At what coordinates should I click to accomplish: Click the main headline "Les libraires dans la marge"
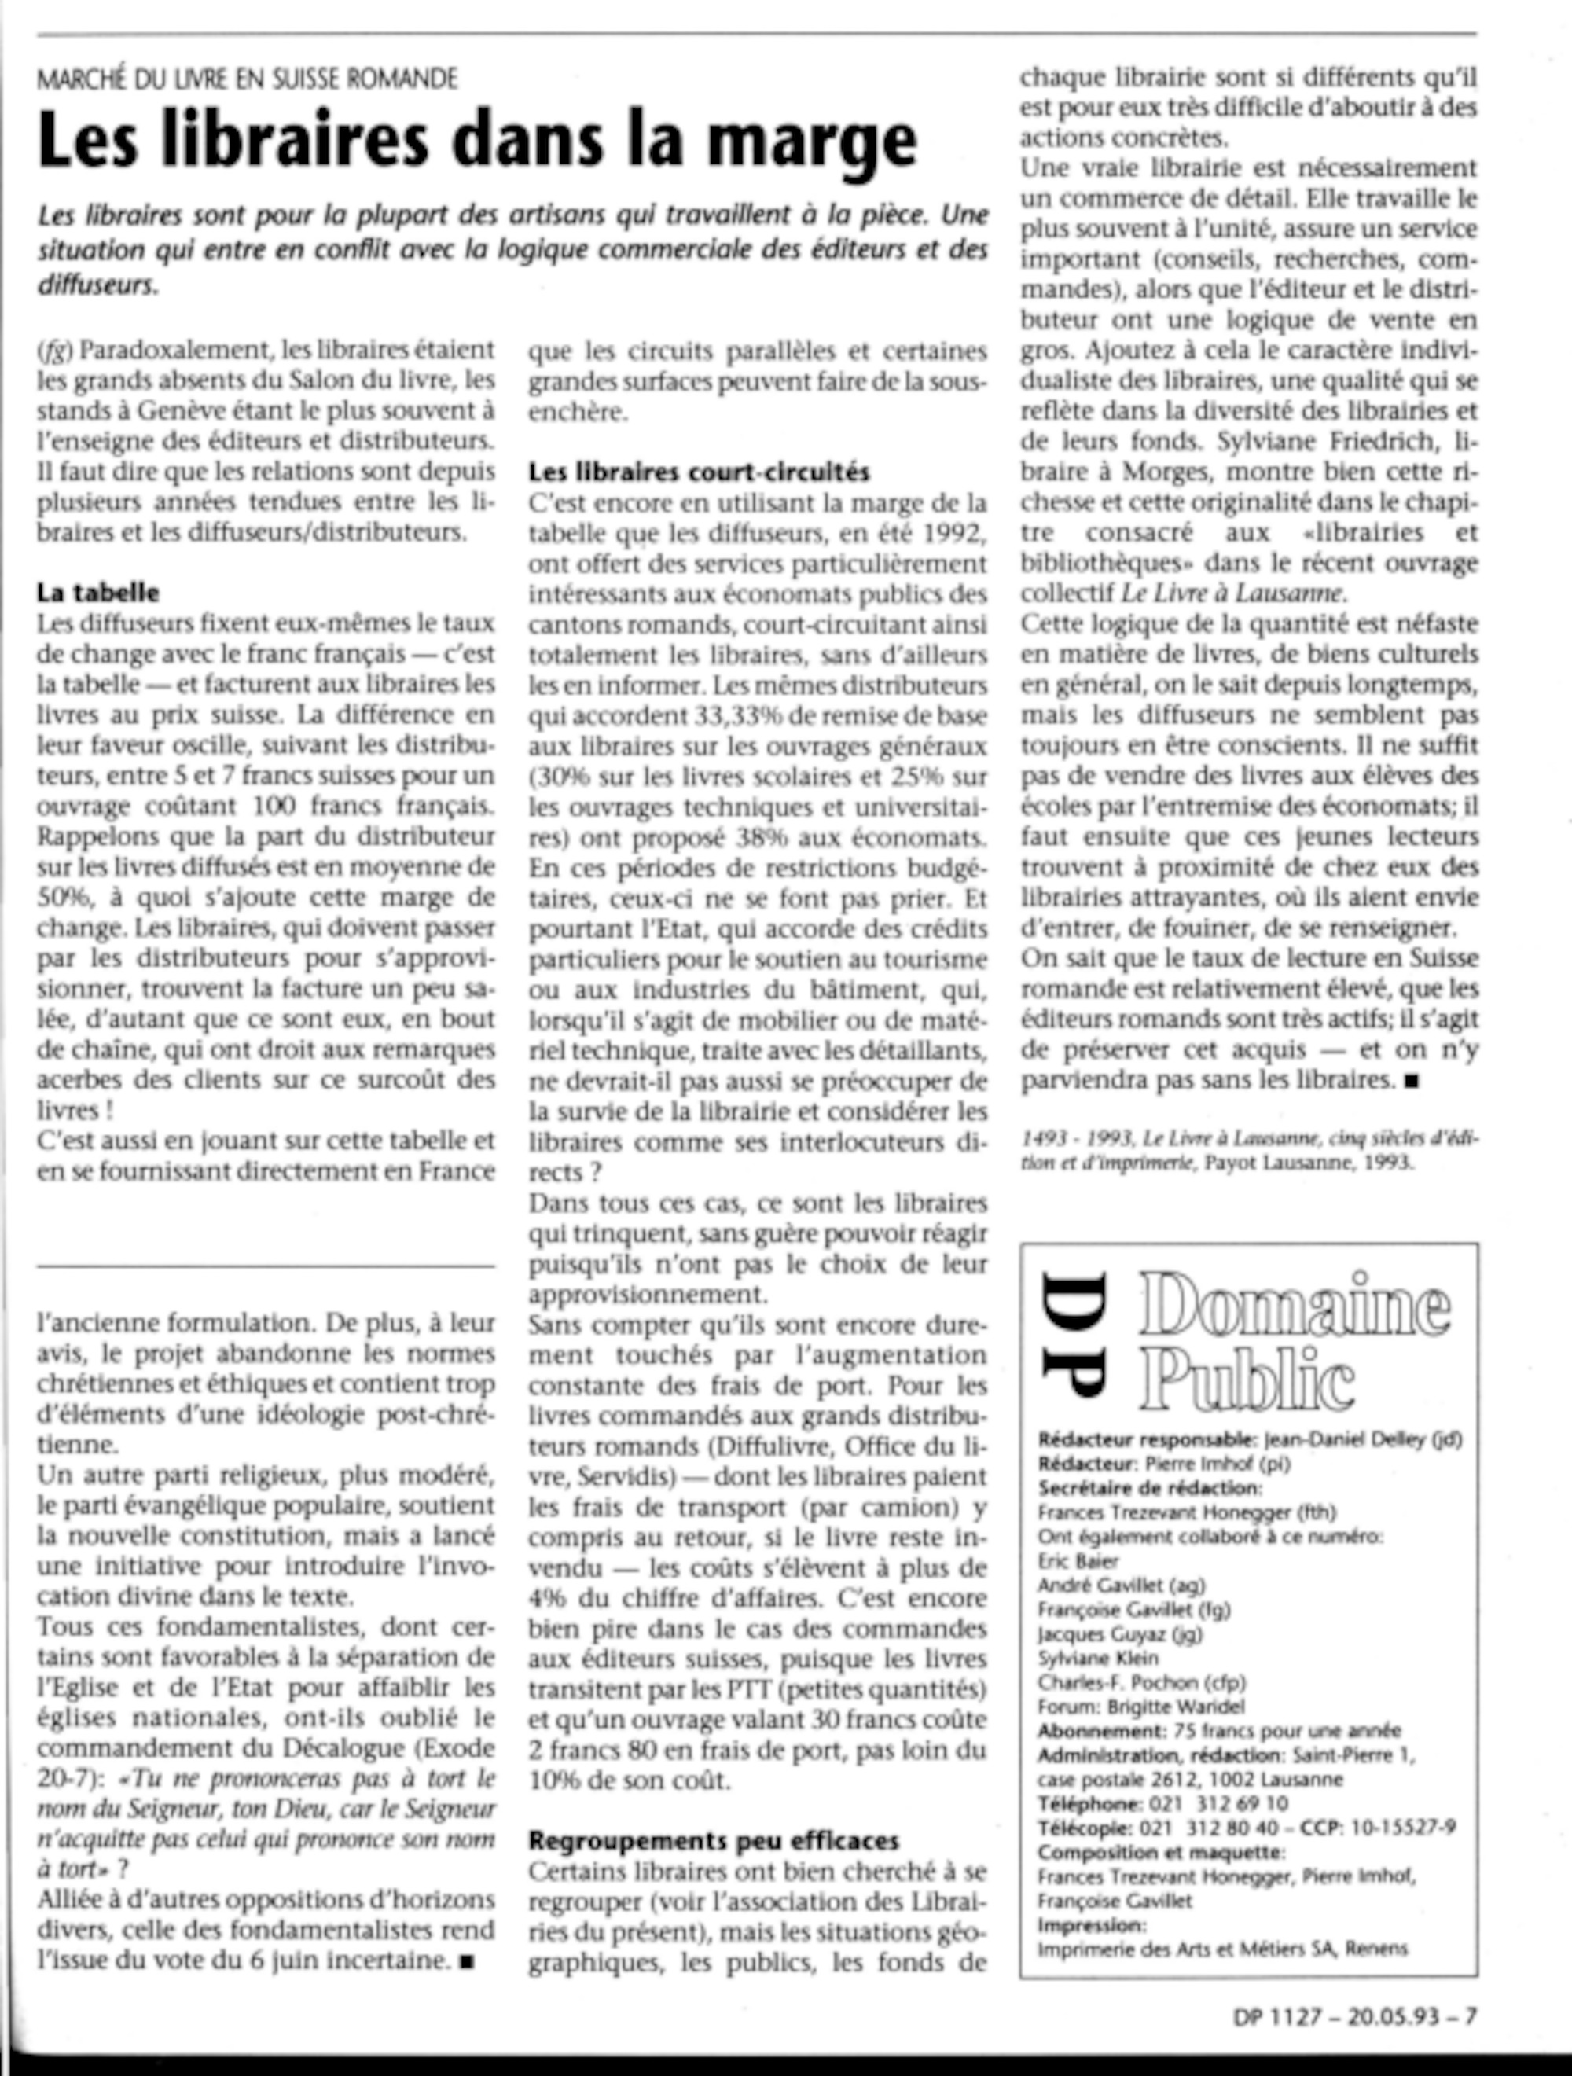point(477,141)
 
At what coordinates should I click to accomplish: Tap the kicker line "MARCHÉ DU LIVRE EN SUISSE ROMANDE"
point(248,79)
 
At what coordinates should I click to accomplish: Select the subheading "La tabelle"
point(97,592)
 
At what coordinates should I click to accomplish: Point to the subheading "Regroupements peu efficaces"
point(713,1840)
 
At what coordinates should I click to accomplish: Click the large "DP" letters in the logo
point(1075,1332)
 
